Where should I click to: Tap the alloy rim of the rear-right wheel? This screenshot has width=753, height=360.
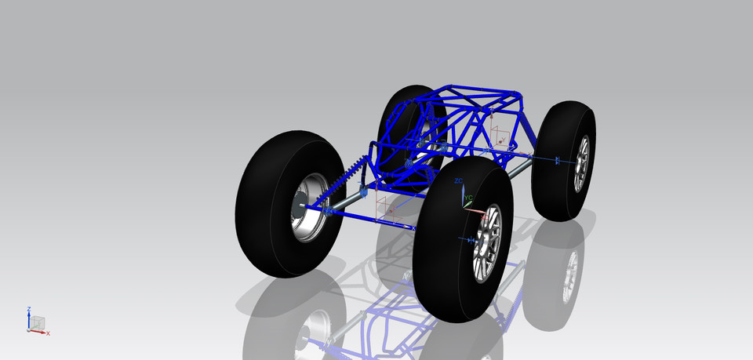(582, 163)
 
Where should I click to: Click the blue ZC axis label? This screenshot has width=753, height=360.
(459, 181)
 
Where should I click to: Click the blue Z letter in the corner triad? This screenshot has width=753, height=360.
(29, 309)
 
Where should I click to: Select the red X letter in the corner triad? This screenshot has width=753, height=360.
(48, 334)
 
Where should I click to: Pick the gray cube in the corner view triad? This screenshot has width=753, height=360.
(38, 322)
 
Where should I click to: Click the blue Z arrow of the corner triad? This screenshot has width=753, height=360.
(29, 319)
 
